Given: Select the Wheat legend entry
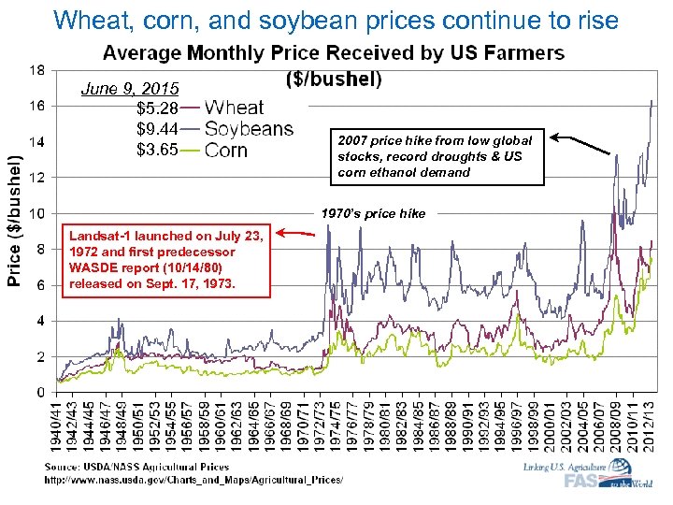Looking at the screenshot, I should [x=234, y=108].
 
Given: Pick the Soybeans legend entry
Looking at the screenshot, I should [x=248, y=129].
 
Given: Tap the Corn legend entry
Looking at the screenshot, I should [x=225, y=150].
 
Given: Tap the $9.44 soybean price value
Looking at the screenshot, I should [x=157, y=129].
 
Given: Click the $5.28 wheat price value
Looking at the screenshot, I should [x=157, y=109].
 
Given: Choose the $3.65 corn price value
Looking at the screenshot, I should [x=157, y=150].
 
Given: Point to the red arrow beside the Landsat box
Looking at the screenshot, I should [x=296, y=235].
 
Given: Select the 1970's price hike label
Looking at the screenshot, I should [x=373, y=214].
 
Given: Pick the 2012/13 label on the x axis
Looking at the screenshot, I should [x=646, y=426].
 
